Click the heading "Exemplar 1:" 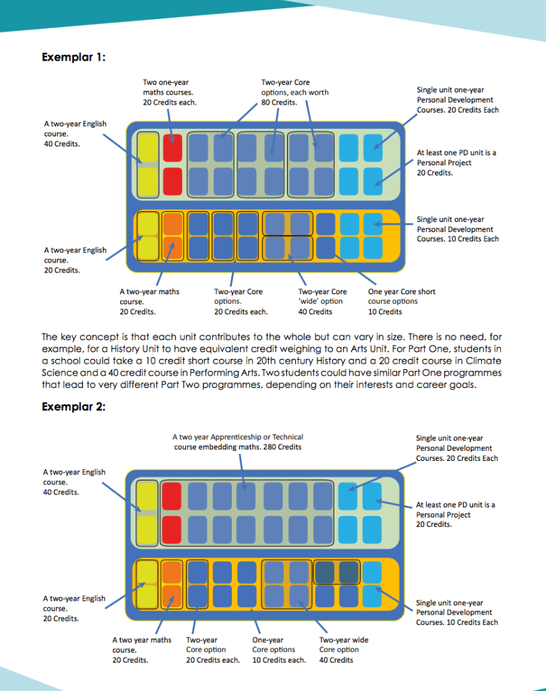(73, 57)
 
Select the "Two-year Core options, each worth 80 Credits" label (295, 92)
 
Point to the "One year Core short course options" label (402, 302)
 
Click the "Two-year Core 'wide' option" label (322, 302)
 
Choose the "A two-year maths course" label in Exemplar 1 (149, 302)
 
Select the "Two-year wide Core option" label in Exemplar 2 (344, 650)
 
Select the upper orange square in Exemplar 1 (173, 223)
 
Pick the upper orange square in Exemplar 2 (172, 572)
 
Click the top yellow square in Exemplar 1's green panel (148, 147)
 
